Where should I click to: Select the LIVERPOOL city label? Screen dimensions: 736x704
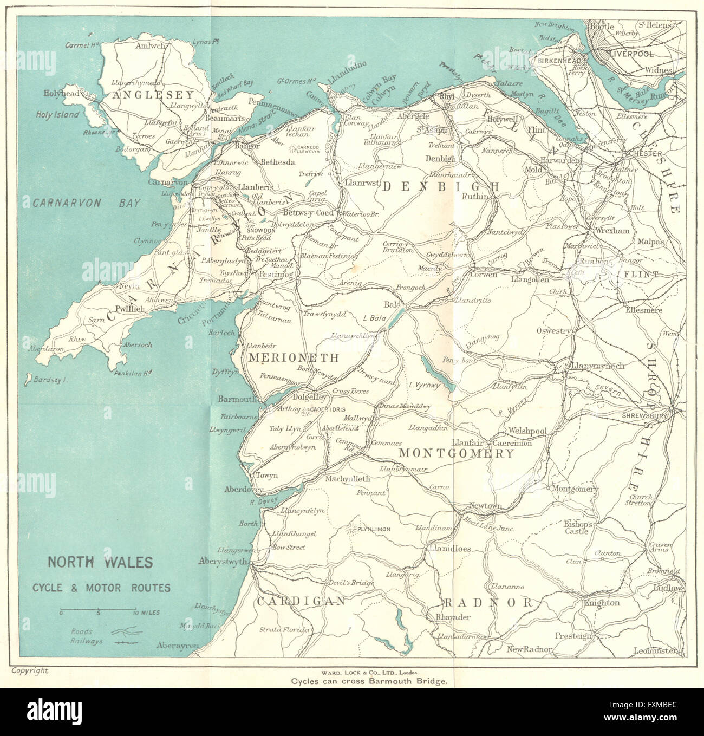point(631,54)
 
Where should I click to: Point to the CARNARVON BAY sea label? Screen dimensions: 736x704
point(87,203)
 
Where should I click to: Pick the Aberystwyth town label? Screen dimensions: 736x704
point(223,561)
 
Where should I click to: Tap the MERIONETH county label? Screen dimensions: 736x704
point(294,358)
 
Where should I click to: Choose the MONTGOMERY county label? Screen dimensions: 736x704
point(456,453)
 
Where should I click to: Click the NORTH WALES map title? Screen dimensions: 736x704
point(100,562)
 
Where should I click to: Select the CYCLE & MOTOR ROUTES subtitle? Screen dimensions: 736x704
point(100,588)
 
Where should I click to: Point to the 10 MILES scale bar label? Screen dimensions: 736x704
point(145,613)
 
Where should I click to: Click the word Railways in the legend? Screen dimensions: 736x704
point(86,641)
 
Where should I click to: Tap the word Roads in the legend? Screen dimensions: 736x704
point(81,631)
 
